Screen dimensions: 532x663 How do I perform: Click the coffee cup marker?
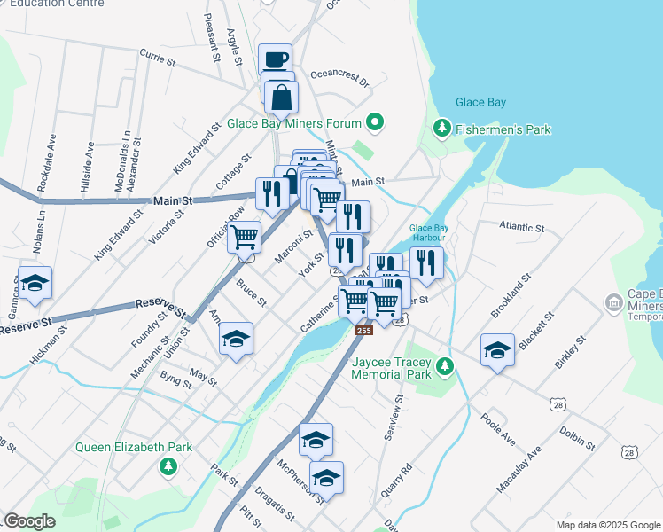(x=275, y=59)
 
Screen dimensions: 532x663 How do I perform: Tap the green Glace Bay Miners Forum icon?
(x=376, y=123)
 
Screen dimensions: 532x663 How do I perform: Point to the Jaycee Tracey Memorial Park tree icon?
(x=448, y=366)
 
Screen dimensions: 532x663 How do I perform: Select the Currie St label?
(x=159, y=59)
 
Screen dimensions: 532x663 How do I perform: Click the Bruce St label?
(x=251, y=293)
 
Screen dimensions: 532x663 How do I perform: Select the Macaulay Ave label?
(x=519, y=470)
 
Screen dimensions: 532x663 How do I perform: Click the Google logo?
(x=29, y=521)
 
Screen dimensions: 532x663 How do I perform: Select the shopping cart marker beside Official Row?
(x=244, y=237)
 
